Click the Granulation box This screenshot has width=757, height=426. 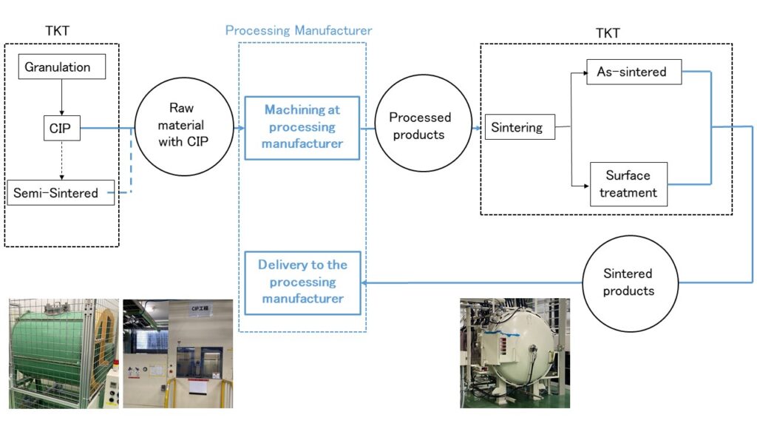(61, 67)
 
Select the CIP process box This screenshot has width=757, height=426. (60, 129)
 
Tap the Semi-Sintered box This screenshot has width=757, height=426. (61, 193)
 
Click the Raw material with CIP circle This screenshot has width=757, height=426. (180, 126)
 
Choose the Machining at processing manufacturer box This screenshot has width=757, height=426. (302, 127)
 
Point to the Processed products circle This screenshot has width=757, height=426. (420, 126)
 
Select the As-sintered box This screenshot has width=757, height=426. (634, 72)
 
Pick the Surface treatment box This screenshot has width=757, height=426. (628, 184)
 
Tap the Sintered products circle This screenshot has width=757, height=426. (628, 282)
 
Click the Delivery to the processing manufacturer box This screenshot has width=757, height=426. (302, 282)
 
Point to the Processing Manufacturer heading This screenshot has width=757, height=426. (298, 30)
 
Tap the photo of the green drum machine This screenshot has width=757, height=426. (63, 353)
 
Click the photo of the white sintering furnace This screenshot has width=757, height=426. (515, 353)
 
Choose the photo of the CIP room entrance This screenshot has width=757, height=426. (177, 353)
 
